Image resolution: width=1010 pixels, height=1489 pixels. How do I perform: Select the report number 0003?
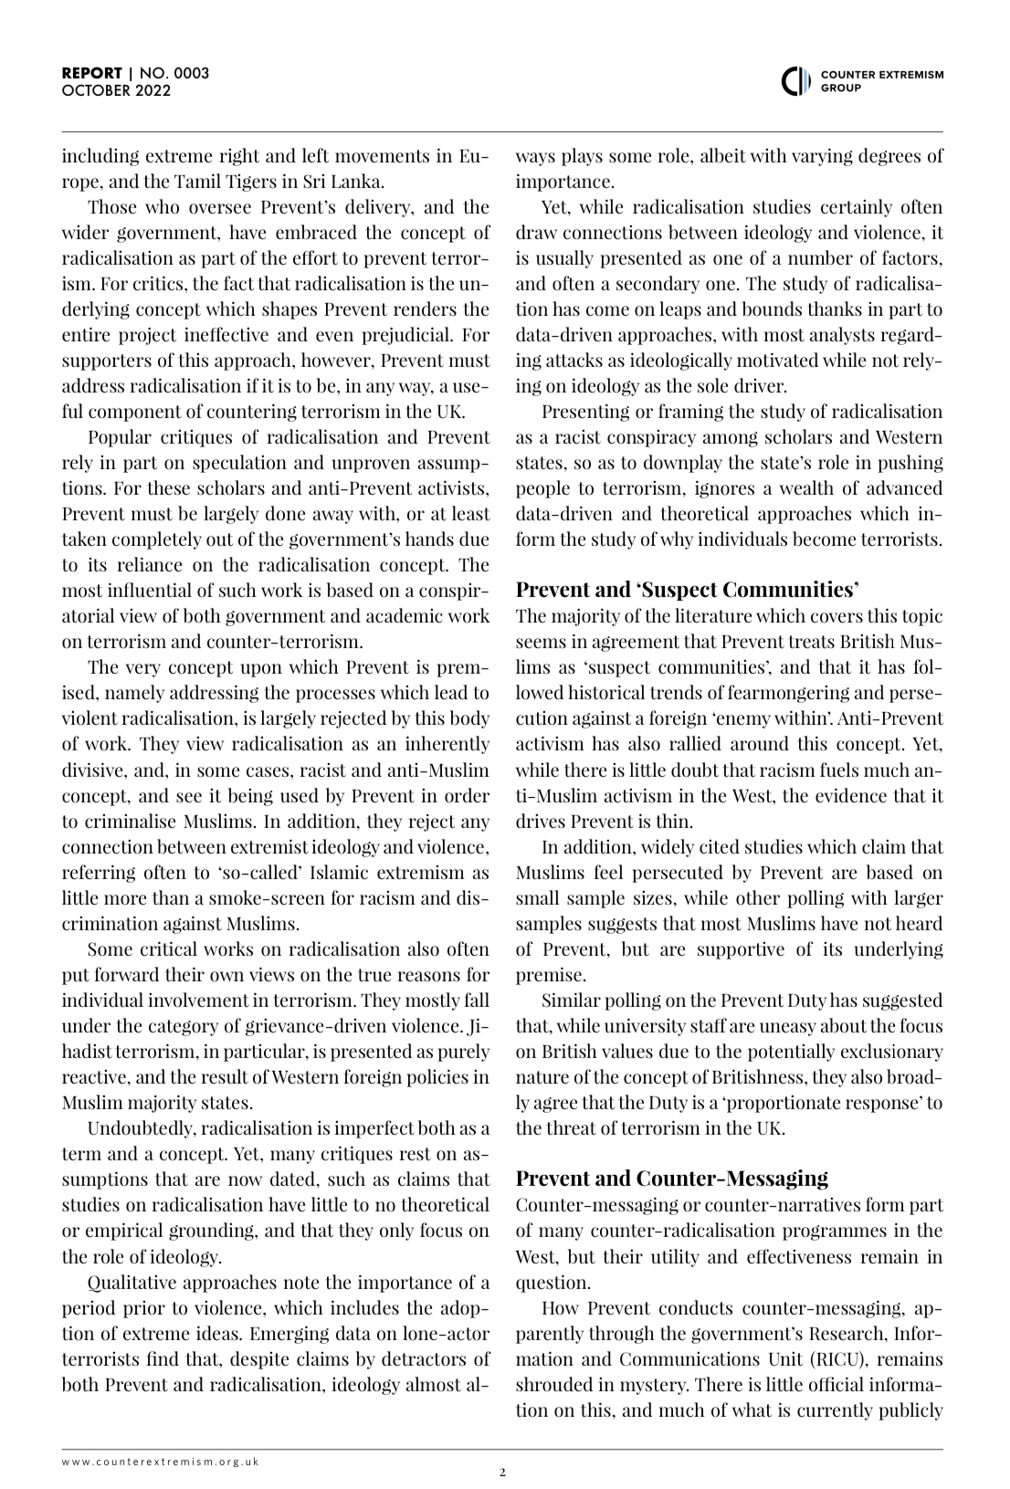click(189, 74)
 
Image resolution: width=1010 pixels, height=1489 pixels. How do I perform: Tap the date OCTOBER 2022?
click(116, 90)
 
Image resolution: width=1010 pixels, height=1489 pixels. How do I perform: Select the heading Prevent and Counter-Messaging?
click(671, 1178)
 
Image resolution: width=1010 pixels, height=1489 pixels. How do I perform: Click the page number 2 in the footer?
click(502, 1472)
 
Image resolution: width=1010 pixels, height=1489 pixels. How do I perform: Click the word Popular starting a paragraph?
click(117, 437)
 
